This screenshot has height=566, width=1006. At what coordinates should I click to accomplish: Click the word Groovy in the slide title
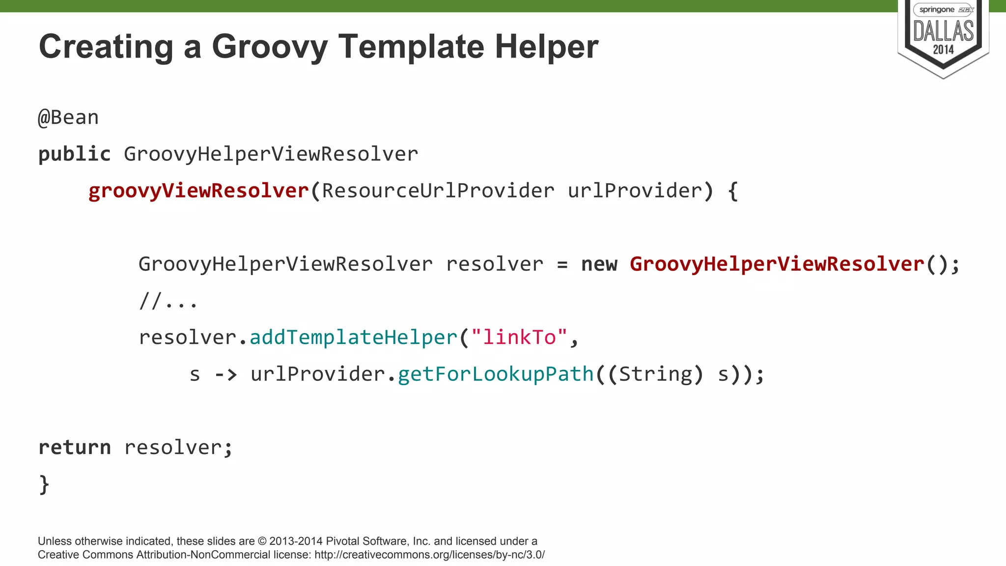point(270,47)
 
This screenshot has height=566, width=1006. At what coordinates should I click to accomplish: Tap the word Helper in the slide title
point(546,47)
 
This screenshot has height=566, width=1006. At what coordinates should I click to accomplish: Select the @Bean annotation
point(68,118)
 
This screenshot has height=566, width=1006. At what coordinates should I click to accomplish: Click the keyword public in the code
point(75,154)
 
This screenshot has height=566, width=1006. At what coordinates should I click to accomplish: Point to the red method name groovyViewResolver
point(198,191)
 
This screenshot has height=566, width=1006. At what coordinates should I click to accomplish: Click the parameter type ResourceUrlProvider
point(438,191)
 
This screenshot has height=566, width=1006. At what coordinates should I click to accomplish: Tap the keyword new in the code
point(599,264)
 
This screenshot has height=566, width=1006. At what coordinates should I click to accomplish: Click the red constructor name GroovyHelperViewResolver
point(777,264)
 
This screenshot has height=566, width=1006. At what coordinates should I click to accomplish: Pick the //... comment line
point(168,301)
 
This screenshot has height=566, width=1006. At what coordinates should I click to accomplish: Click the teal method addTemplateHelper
point(354,338)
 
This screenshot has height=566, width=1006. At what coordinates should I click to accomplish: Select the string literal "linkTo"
point(519,338)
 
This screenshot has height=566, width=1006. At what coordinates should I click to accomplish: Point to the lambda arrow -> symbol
point(226,374)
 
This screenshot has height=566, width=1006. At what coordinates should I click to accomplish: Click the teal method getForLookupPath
point(496,374)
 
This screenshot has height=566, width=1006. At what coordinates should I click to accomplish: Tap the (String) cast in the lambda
point(656,374)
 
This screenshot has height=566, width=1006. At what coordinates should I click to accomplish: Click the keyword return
point(75,448)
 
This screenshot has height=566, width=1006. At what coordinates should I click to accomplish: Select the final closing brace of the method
point(44,484)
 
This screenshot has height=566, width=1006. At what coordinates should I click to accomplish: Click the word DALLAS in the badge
point(943,31)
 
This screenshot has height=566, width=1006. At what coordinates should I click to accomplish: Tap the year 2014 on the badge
point(943,50)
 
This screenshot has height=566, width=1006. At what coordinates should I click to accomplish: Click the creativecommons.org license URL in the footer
point(429,555)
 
